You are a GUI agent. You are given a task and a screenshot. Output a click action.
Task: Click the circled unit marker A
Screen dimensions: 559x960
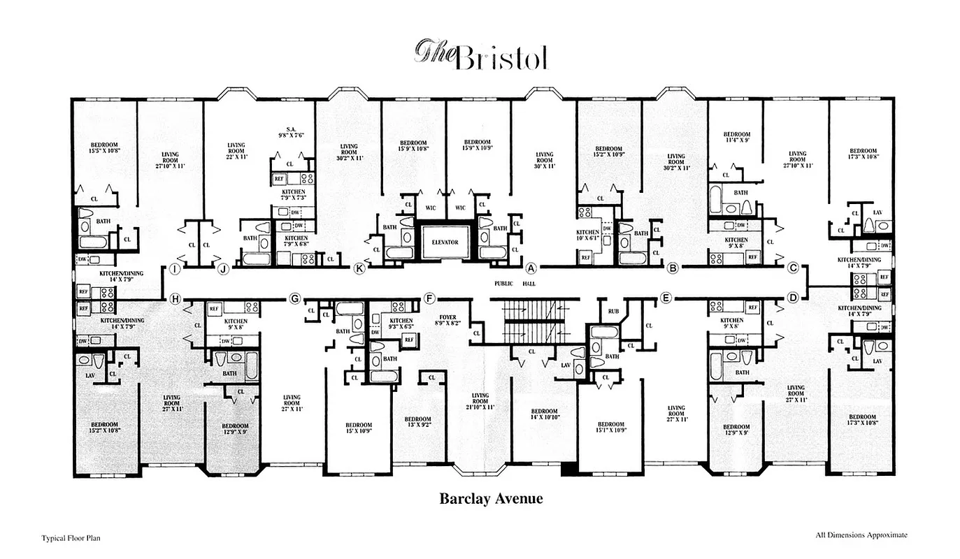[531, 268]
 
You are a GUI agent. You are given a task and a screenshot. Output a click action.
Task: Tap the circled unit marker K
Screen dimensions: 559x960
[360, 268]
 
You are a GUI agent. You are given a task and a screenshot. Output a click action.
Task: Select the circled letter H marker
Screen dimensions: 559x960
[175, 299]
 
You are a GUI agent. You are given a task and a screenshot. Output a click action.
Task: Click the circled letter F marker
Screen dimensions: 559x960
[429, 298]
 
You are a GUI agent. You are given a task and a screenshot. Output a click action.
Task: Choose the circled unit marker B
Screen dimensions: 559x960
[673, 268]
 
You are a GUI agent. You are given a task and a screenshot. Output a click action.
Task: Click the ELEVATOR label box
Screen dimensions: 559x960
[445, 242]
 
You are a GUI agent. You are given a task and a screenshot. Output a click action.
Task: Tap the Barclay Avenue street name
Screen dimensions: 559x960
[491, 498]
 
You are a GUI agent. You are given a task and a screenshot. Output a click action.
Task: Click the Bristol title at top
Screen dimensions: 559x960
[482, 55]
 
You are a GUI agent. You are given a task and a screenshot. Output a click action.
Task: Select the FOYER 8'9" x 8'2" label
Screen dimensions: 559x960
[447, 320]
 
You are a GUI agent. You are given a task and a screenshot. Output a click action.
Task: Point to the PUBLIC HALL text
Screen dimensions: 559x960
[513, 284]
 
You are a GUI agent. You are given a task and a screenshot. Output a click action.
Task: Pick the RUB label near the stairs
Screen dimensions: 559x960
[613, 311]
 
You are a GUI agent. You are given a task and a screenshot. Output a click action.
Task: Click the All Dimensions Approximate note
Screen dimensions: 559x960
[861, 535]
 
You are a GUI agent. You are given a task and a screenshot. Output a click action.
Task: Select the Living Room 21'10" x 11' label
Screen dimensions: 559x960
[480, 401]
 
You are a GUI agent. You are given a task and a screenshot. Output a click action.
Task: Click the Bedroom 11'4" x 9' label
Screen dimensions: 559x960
[736, 137]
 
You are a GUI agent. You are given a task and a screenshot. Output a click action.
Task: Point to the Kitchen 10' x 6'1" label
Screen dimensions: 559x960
[587, 235]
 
